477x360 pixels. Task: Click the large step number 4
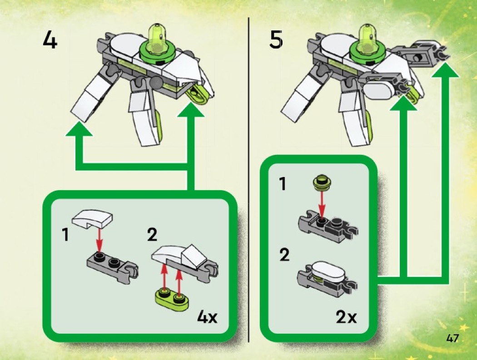point(50,40)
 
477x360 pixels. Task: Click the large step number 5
point(276,39)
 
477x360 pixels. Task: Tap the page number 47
point(452,338)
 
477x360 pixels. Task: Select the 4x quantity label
point(207,317)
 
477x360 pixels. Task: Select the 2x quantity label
point(347,317)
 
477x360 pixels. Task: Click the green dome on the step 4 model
point(157,38)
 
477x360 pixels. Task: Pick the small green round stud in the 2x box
point(322,183)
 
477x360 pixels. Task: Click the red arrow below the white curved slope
point(99,240)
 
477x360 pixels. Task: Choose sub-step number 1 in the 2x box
point(283,184)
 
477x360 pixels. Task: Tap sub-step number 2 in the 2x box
point(284,255)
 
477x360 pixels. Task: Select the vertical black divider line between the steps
point(248,179)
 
